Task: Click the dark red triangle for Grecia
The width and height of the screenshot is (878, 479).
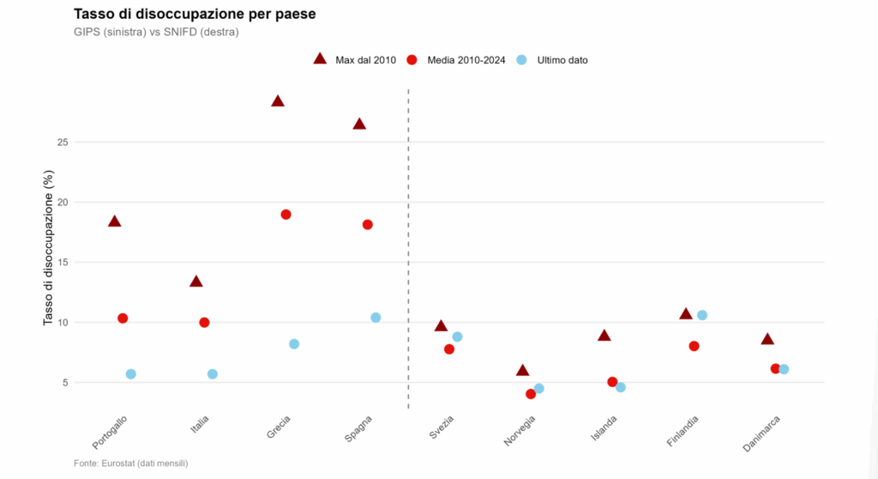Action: coord(278,101)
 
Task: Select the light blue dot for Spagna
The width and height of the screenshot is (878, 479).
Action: coord(376,318)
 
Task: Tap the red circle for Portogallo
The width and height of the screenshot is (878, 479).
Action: coord(123,318)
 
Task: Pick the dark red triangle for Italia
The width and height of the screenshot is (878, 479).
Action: coord(196,282)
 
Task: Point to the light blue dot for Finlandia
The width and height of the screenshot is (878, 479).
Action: coord(702,315)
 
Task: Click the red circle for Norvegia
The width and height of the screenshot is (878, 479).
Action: coord(531,394)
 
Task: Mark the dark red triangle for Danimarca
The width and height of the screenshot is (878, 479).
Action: coord(767,339)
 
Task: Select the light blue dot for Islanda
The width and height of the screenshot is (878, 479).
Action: coord(621,387)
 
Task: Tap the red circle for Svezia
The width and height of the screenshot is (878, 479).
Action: coord(449,349)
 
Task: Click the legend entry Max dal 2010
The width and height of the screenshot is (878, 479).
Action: coord(354,59)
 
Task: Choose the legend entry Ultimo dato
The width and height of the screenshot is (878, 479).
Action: coord(552,60)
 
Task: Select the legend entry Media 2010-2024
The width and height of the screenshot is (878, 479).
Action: coord(456,60)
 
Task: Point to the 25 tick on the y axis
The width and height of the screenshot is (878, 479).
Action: coord(63,142)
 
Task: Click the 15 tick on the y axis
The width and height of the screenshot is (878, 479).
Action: coord(63,263)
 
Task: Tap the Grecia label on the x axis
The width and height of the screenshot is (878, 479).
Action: coord(279,427)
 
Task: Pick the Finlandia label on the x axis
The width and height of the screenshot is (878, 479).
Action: coord(683,431)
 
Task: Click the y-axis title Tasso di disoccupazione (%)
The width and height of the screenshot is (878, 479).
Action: coord(49,247)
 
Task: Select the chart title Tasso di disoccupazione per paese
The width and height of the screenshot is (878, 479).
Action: coord(195,14)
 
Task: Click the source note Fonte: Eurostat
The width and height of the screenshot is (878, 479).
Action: coord(131,464)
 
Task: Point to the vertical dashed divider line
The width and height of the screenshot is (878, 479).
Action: coord(408,248)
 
